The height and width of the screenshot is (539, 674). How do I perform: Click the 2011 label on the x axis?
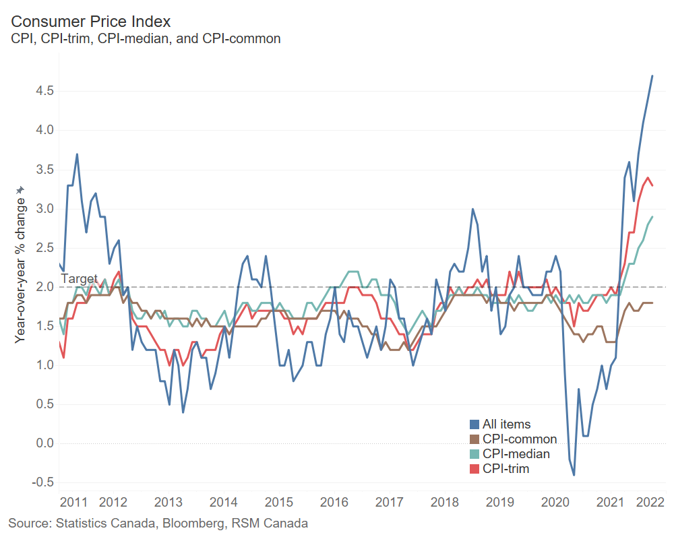point(73,502)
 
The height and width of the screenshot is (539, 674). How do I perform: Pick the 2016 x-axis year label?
point(334,502)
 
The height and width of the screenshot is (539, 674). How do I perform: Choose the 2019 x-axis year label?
point(501,502)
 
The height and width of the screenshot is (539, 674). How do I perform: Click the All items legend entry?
point(506,424)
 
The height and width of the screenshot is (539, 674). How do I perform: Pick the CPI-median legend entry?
point(516,454)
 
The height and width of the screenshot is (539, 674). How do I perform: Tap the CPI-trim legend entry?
point(506,469)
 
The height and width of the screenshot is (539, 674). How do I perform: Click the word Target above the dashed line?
point(79,278)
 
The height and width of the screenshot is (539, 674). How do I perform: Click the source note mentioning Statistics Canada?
point(158,523)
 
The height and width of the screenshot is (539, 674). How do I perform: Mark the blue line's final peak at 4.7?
point(652,75)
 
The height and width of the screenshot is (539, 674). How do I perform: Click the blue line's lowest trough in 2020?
point(574,475)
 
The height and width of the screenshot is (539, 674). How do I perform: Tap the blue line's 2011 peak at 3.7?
point(77,154)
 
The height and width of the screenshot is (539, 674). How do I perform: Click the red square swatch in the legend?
point(474,469)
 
